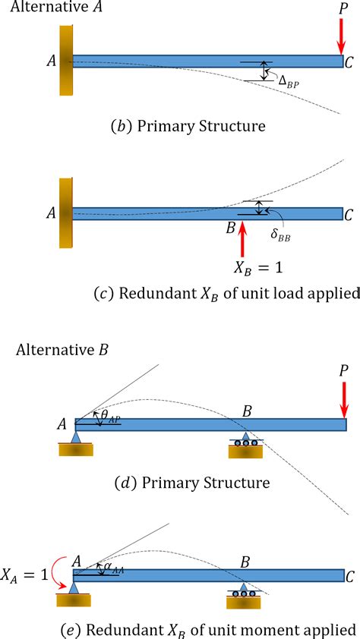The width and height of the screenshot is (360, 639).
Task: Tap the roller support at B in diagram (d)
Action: coord(245,446)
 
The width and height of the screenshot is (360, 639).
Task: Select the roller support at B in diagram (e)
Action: coord(244,595)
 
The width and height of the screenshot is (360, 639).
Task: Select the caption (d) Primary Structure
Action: coord(201,483)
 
